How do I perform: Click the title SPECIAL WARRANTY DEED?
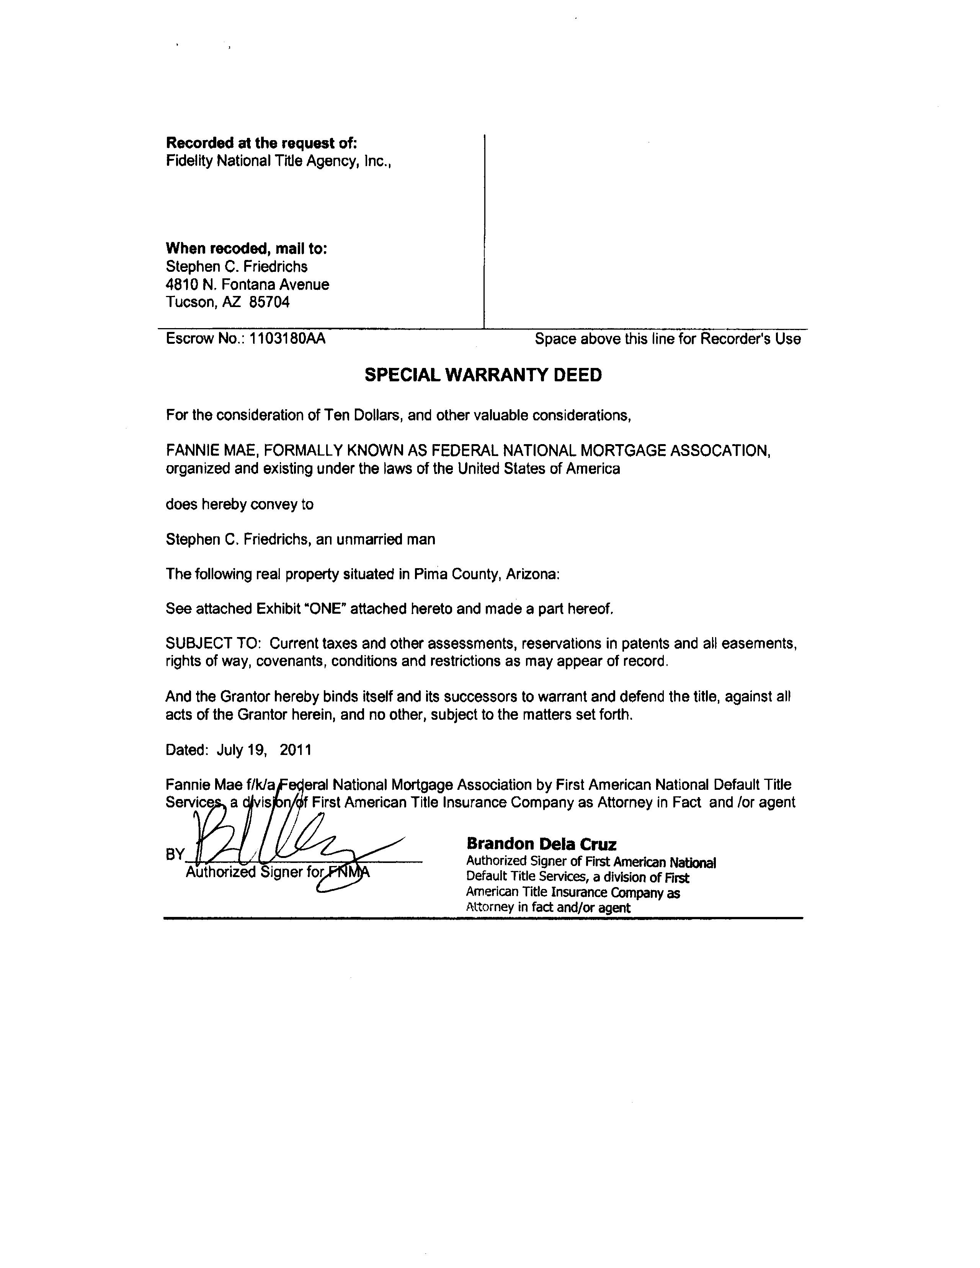coord(483,376)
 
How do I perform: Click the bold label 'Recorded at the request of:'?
coord(261,143)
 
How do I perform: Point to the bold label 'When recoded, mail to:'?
coord(246,248)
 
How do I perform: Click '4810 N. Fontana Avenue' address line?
coord(247,284)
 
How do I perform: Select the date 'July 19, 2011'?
coord(264,750)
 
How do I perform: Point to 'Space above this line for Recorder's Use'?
coord(668,338)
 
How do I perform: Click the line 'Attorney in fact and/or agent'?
coord(548,908)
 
